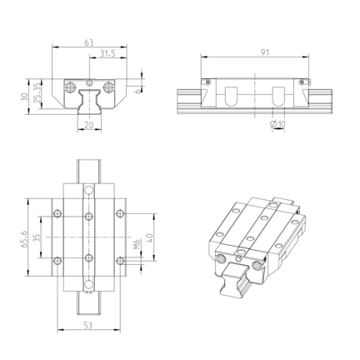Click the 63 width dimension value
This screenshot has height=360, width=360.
click(x=89, y=42)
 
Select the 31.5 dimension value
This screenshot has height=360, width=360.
click(x=107, y=53)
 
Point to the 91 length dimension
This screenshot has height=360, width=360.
click(x=265, y=52)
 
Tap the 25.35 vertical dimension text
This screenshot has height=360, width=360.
click(x=37, y=93)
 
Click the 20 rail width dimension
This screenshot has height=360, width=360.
click(x=89, y=125)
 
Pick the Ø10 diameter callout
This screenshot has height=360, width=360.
click(x=277, y=124)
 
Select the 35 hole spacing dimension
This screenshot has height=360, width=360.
click(x=37, y=237)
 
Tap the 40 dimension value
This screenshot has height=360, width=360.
click(x=149, y=238)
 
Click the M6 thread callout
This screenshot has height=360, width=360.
click(x=137, y=244)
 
